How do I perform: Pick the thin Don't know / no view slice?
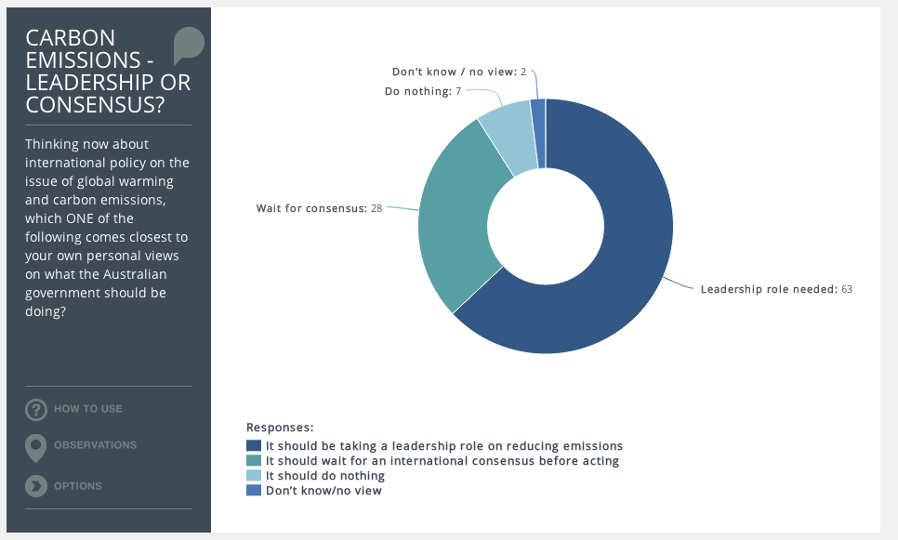[538, 133]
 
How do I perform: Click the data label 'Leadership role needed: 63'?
[776, 289]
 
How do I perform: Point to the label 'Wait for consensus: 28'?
[319, 208]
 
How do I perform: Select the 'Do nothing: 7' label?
[423, 91]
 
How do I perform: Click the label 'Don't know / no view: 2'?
[458, 72]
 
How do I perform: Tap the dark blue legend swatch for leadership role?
[254, 445]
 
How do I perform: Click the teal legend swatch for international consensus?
[254, 460]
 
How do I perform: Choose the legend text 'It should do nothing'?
[324, 476]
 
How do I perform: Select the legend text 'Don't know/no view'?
[324, 491]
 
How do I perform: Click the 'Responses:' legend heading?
[280, 428]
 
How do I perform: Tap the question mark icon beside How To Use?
[36, 410]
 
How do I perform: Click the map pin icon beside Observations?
[35, 447]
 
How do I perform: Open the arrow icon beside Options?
[36, 486]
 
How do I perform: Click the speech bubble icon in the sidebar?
[189, 45]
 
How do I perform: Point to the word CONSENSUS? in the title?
[95, 105]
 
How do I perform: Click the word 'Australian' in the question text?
[135, 274]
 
